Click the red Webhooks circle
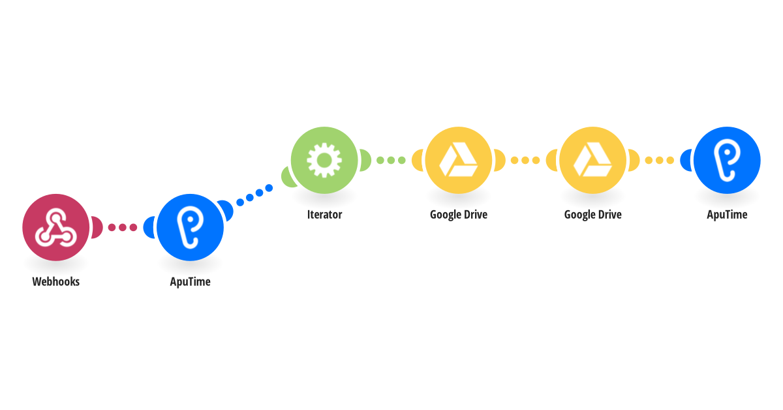[55, 227]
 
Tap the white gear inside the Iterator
[324, 160]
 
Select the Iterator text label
[324, 214]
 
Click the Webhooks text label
[55, 282]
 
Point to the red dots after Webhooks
[122, 227]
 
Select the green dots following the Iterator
[391, 160]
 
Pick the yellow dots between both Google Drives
[525, 160]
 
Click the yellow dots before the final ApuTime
[660, 160]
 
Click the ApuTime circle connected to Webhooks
[190, 227]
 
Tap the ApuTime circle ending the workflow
[727, 160]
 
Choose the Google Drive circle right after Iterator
[458, 160]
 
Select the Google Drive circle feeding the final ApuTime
[592, 160]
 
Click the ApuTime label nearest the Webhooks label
[190, 282]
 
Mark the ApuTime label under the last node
[727, 214]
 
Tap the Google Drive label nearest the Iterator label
[458, 214]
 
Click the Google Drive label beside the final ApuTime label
[592, 214]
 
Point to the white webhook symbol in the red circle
[55, 227]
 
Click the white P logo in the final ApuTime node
[726, 161]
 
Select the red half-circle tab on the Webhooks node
[97, 227]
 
